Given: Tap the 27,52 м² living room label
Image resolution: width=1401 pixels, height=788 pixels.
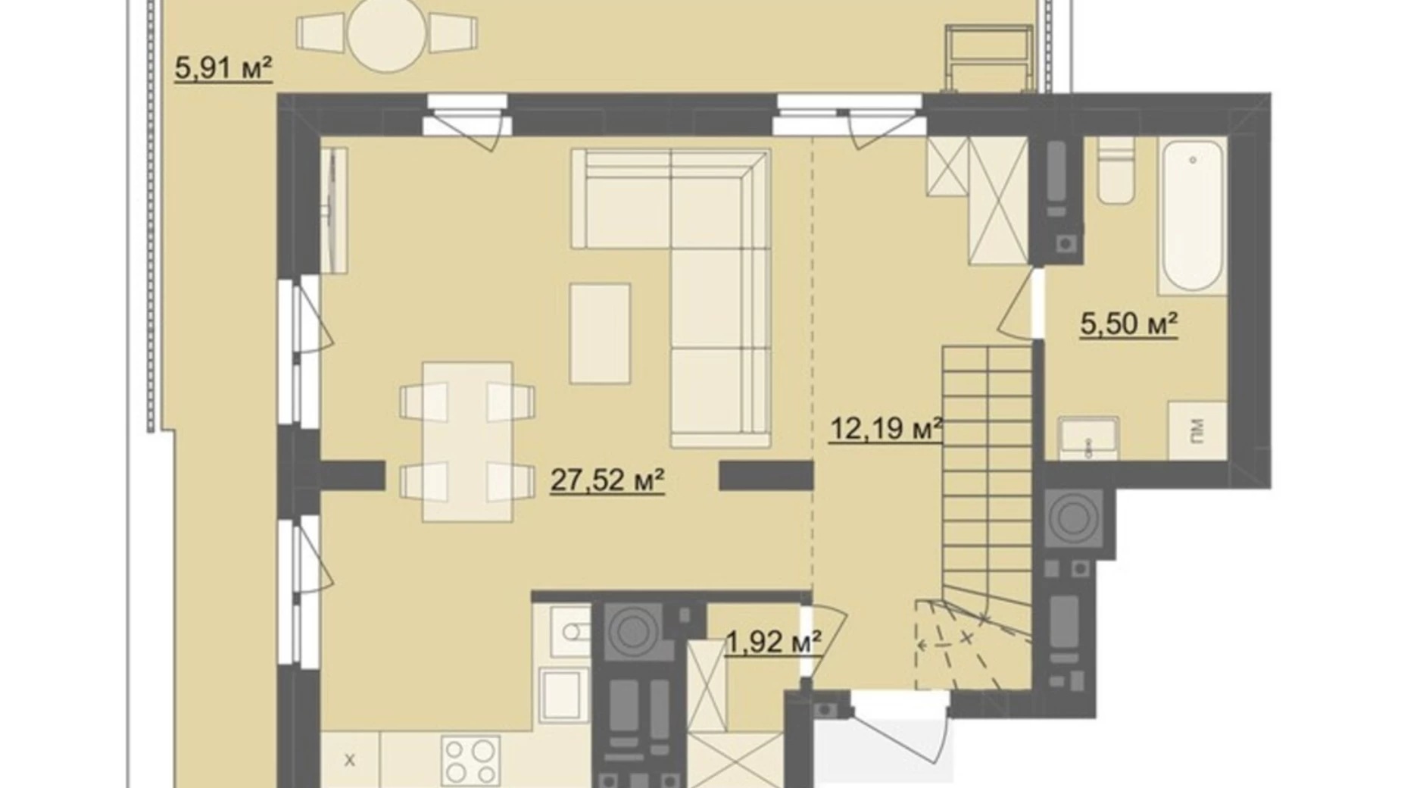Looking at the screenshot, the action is [607, 480].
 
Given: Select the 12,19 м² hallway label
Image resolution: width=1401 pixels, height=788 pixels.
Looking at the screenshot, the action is [886, 429].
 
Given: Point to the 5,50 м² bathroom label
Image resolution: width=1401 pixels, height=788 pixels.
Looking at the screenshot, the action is [1128, 324].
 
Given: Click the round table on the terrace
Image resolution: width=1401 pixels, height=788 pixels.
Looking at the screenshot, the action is [386, 34].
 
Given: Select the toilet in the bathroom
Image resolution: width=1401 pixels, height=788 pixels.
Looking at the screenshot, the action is [1116, 170].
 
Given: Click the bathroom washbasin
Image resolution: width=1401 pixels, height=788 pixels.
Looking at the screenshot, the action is [1087, 438].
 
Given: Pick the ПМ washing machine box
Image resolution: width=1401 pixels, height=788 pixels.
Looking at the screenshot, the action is [1197, 430].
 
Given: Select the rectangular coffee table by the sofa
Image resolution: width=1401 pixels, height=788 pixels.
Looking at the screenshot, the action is [600, 333].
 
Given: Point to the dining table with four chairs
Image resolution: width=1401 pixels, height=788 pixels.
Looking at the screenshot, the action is [467, 442].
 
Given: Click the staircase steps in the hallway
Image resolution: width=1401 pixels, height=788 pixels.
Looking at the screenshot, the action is [988, 470].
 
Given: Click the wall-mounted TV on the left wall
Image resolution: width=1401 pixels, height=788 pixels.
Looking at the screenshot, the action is [333, 210].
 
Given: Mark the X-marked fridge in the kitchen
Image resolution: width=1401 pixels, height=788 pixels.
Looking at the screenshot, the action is [350, 759].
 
